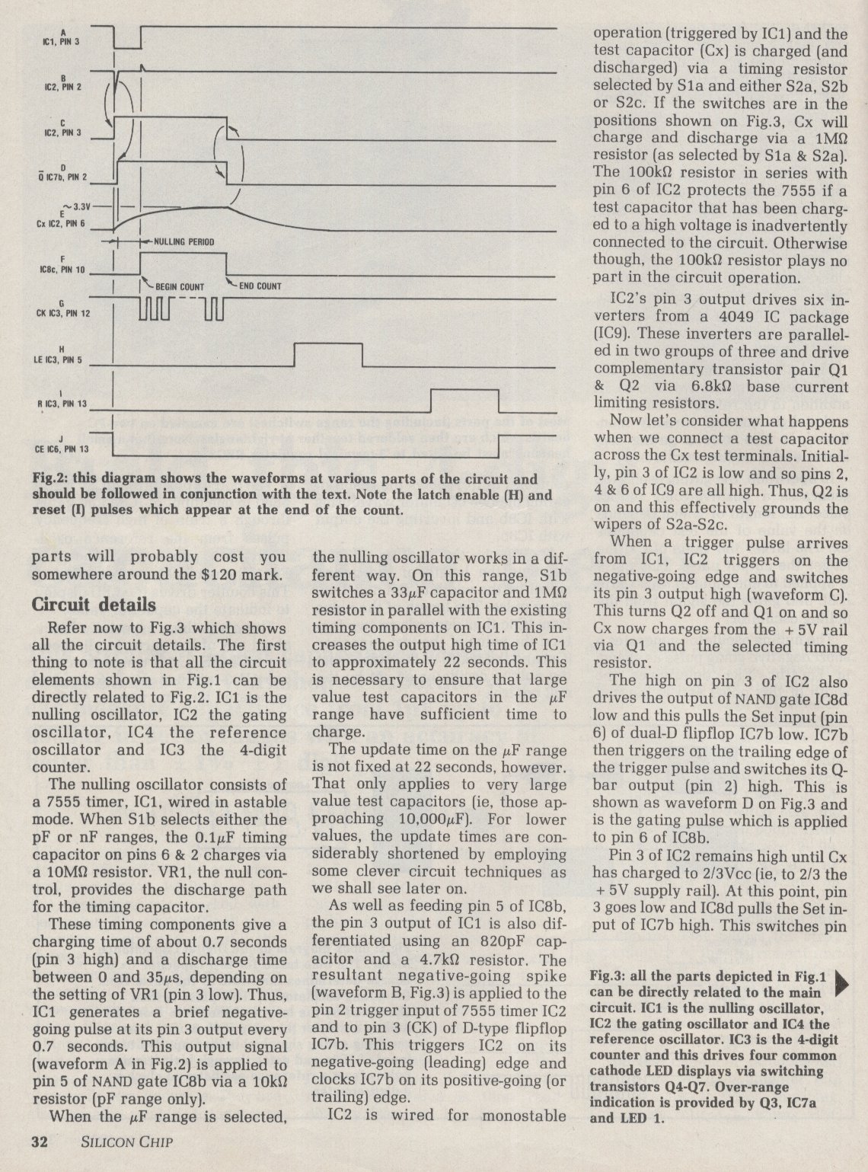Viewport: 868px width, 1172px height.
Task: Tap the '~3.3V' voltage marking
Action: click(75, 206)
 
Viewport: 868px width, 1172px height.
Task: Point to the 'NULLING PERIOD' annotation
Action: click(184, 241)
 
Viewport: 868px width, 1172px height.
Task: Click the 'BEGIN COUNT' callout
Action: click(180, 286)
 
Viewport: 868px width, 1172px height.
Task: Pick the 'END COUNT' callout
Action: click(260, 286)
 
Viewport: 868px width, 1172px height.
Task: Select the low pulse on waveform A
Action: click(127, 38)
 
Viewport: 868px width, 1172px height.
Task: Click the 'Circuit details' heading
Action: click(94, 604)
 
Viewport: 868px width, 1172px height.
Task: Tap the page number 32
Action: click(40, 1142)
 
